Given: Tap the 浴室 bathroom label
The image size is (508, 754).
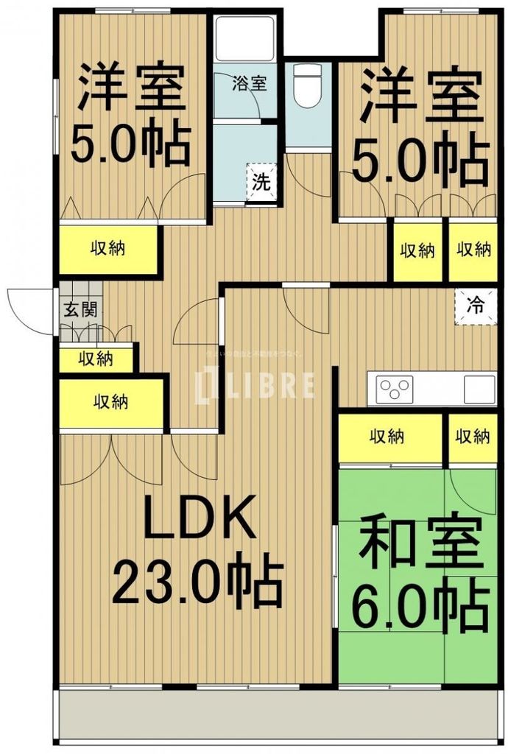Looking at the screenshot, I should (x=250, y=82).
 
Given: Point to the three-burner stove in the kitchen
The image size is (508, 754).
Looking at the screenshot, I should (x=395, y=388).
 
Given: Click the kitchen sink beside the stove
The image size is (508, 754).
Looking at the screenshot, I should (x=479, y=388).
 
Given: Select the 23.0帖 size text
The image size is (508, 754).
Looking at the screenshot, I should (x=197, y=583).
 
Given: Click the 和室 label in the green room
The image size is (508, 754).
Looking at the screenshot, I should (x=420, y=543).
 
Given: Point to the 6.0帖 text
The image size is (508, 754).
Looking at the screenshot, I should (x=422, y=603).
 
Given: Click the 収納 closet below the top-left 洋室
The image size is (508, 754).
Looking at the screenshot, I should (x=107, y=249).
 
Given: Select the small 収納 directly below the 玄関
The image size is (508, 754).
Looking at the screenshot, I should (x=96, y=359).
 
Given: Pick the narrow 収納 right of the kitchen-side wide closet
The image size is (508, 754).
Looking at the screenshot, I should (x=472, y=437).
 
